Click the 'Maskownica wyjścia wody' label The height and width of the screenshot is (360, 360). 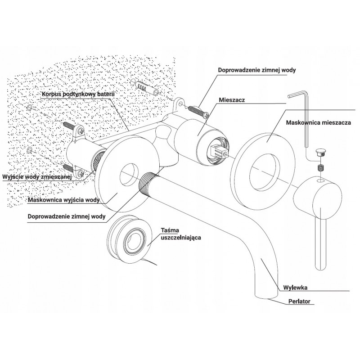(64, 200)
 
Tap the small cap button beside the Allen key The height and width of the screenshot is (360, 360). (321, 152)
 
